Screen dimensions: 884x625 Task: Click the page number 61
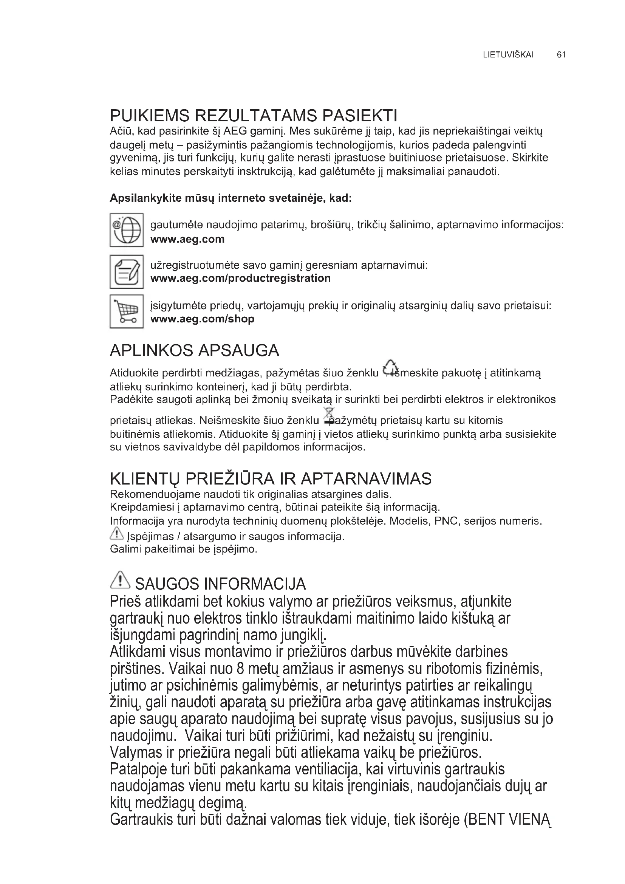pos(561,55)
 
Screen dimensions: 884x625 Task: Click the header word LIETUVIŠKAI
pos(508,55)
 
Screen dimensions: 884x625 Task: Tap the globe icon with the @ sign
pos(127,230)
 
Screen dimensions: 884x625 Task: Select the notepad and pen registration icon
pos(127,271)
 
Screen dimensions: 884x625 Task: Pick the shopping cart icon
pos(127,311)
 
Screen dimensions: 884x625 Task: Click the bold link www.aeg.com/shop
pos(203,319)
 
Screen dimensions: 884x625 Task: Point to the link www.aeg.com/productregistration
pos(241,279)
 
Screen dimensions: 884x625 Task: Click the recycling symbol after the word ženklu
pos(390,368)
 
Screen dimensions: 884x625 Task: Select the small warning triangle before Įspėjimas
pos(116,534)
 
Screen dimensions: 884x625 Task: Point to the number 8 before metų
pos(241,669)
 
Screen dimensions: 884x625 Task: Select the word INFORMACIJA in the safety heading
pos(255,584)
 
